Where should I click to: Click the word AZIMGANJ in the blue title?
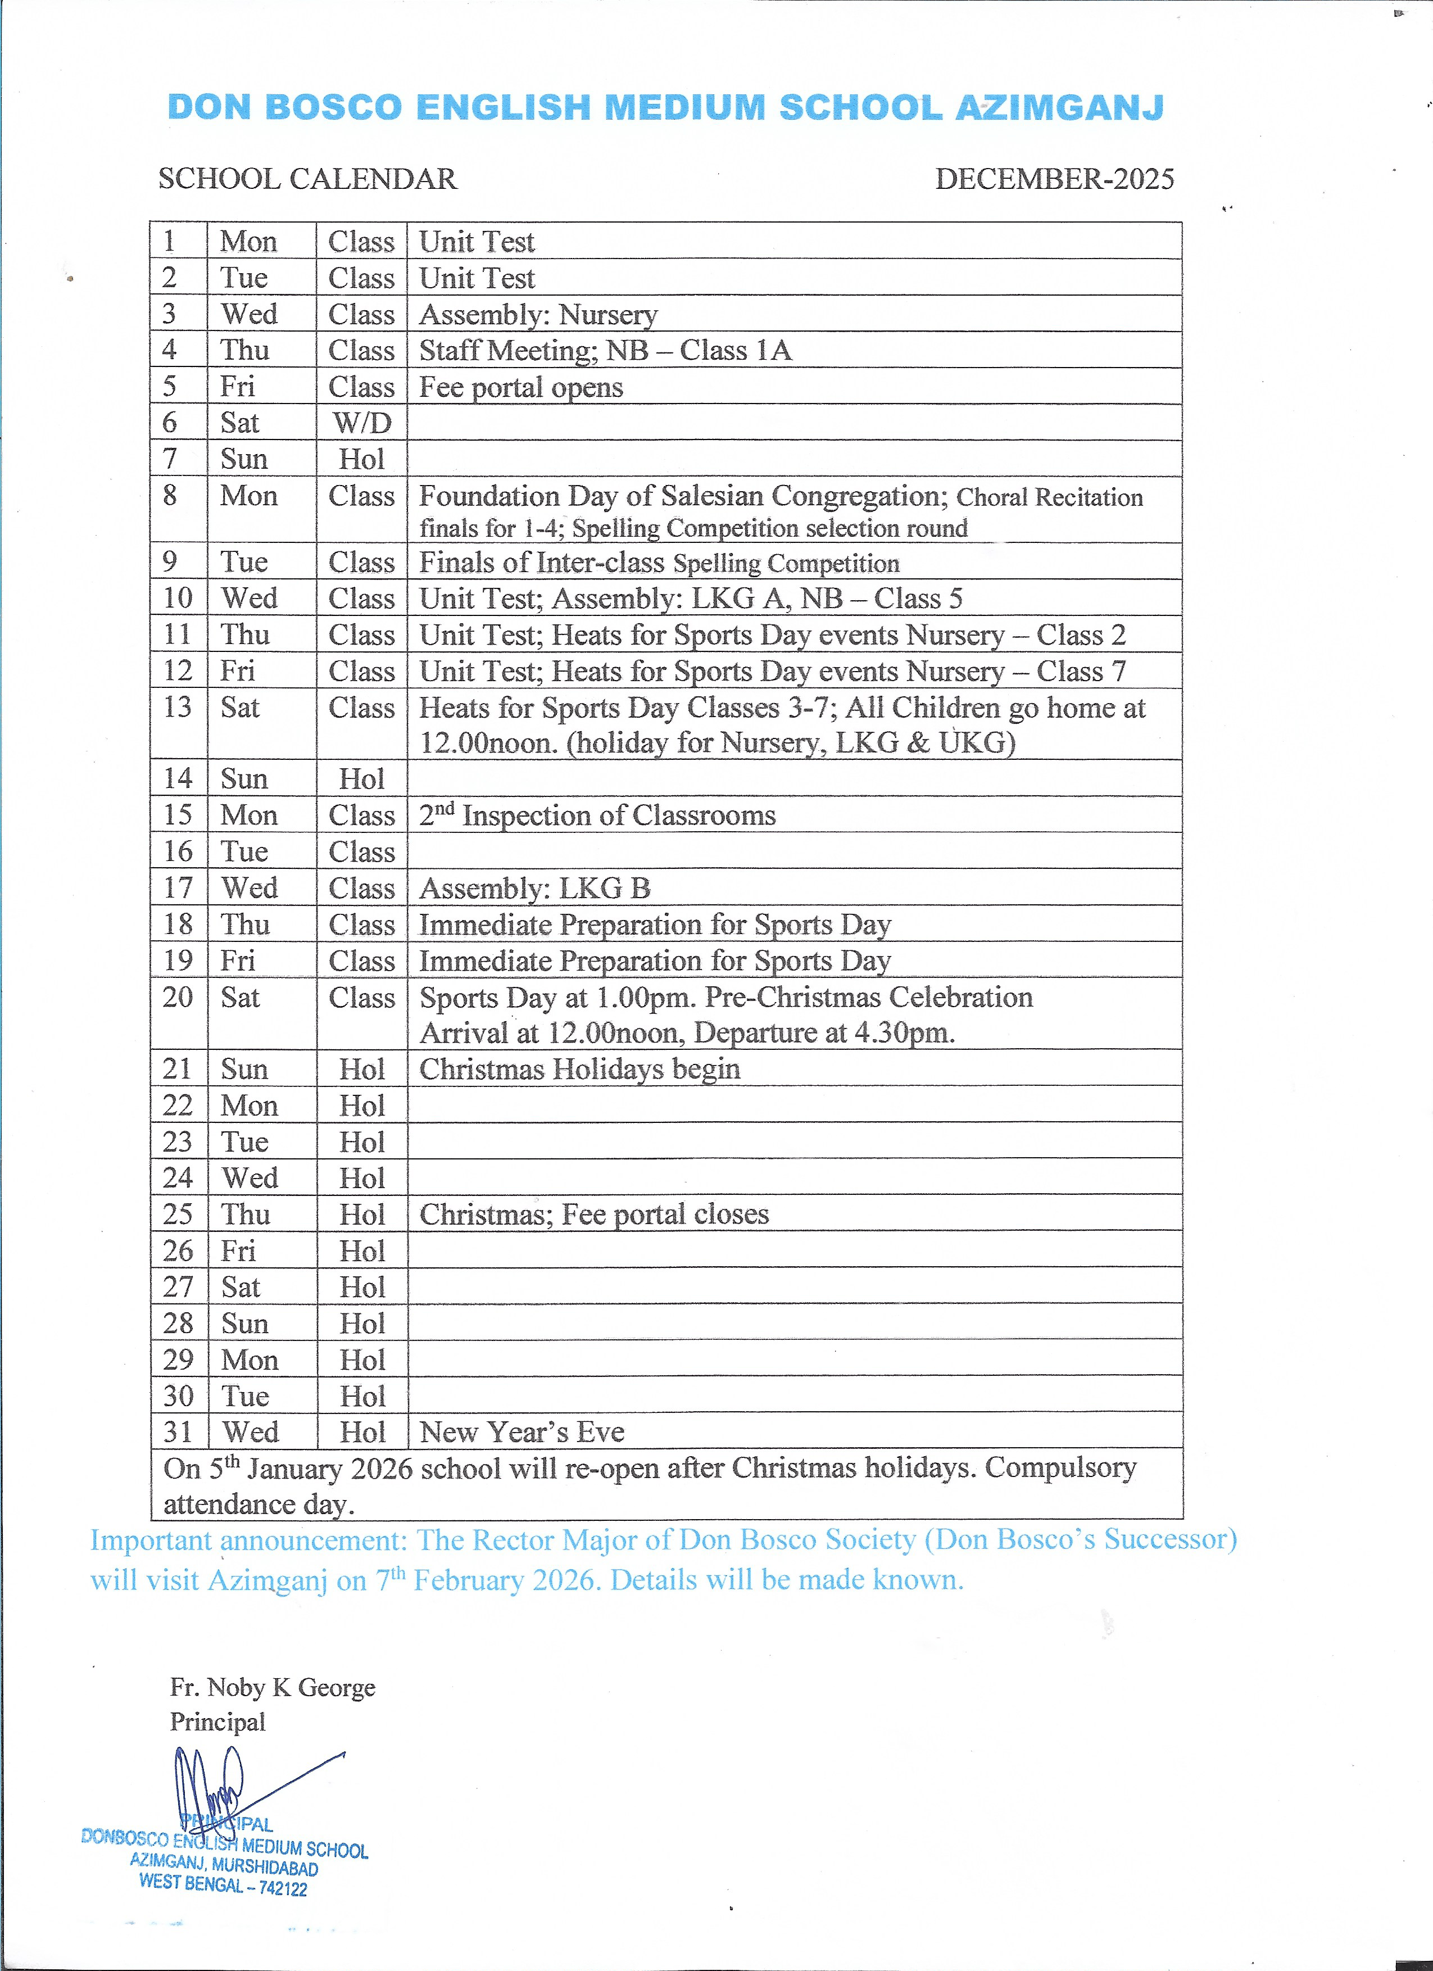(1059, 108)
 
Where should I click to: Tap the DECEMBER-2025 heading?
(1054, 179)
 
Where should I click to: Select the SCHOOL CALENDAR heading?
(307, 179)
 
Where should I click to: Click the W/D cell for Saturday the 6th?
(361, 423)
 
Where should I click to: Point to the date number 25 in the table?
(178, 1214)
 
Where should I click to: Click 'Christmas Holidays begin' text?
(579, 1069)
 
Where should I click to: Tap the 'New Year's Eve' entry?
(521, 1431)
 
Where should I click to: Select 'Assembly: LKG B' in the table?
(534, 888)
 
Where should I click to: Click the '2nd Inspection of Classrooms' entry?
(597, 815)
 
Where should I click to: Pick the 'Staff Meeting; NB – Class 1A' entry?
(605, 350)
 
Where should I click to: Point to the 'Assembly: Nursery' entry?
(538, 315)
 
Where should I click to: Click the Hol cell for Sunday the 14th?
(361, 778)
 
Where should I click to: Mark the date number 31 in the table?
(178, 1431)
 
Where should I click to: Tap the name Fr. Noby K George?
(273, 1688)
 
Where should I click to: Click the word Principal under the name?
(217, 1723)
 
